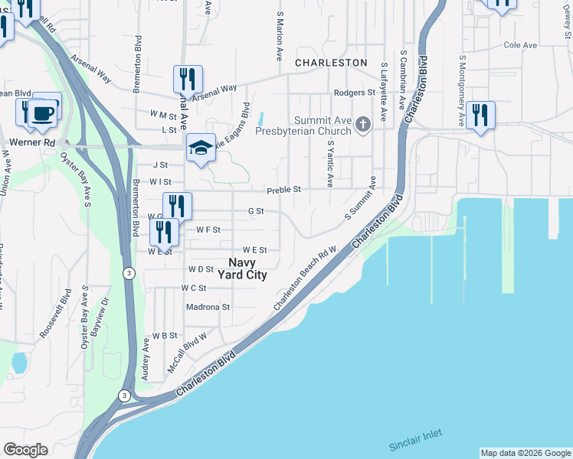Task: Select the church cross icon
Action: coord(363,123)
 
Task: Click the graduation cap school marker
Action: coord(200,148)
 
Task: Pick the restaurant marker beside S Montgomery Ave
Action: coord(480,116)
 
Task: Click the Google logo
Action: coord(25,450)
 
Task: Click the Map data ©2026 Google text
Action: coord(526,453)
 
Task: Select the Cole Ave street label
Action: coord(520,45)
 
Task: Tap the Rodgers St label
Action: coord(354,93)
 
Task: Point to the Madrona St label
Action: coord(208,307)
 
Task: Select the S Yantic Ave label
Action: coord(330,164)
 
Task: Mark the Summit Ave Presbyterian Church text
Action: coord(325,125)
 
